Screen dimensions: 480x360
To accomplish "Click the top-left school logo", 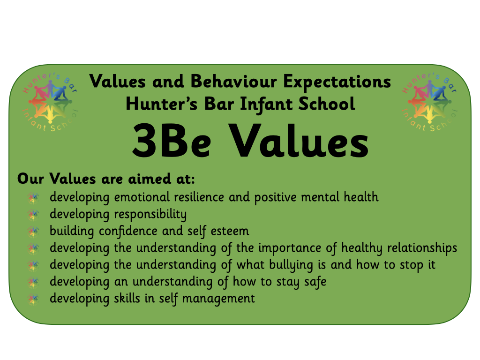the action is pos(50,102).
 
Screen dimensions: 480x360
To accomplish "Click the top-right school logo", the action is pos(429,102).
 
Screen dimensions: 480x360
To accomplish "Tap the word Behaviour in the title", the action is pos(233,82).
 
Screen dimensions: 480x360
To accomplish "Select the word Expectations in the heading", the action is pos(337,82).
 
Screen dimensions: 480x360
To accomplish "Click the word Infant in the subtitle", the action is pos(266,104).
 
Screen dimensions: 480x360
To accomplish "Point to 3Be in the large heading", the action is pos(172,141).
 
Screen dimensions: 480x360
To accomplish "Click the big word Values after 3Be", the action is pos(299,141).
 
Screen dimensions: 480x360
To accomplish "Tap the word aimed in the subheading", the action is pos(150,179).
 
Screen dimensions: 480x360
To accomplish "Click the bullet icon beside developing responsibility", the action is pos(33,214).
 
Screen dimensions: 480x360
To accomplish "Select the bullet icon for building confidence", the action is pos(33,231).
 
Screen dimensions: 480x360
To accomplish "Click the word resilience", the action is pos(199,197).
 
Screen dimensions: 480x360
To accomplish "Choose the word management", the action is pos(218,299).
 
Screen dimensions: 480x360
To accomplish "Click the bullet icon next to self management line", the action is pos(33,299).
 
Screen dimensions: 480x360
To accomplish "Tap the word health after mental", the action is pos(361,197).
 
